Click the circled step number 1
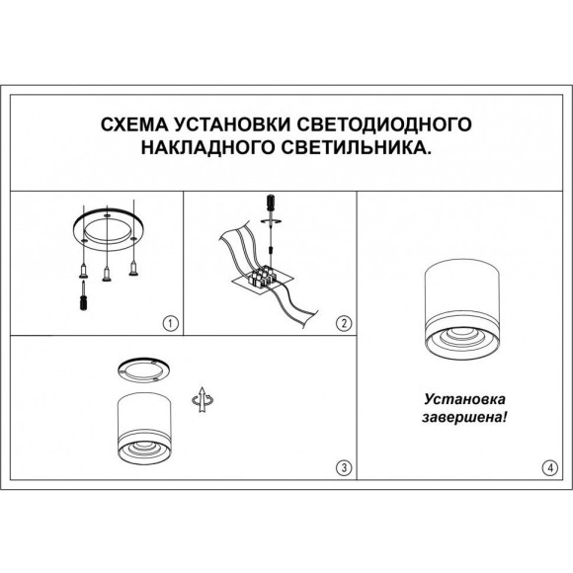click(x=169, y=322)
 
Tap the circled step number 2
click(x=343, y=322)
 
